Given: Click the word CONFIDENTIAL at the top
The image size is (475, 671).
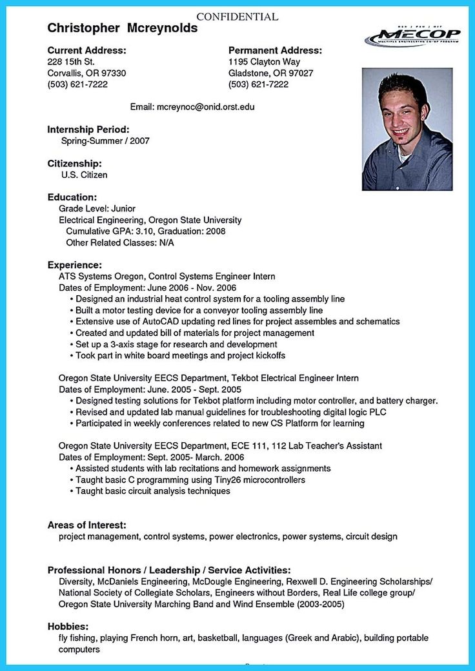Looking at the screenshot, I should coord(237,17).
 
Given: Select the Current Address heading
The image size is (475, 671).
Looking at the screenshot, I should coord(87,50).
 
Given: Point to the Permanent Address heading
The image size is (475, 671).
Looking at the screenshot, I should coord(275,50).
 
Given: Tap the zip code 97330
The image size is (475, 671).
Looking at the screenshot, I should coord(113,73).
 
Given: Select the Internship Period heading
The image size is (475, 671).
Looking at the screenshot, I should coord(88,129).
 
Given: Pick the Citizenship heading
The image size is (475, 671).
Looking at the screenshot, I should coord(75,163).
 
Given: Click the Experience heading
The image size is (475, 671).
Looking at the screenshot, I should coord(75,265).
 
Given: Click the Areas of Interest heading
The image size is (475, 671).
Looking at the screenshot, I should coord(86,525).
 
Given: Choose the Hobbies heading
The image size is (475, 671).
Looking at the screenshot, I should coord(68,626).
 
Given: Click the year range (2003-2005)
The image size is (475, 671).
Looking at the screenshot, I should coord(320,604).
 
